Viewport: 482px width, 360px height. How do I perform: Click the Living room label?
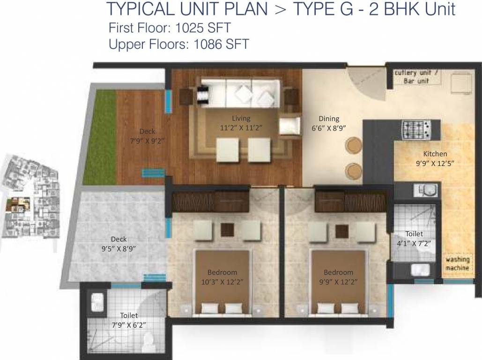pyautogui.click(x=241, y=118)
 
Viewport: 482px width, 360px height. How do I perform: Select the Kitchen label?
pyautogui.click(x=435, y=154)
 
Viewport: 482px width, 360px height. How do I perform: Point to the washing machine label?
pyautogui.click(x=457, y=264)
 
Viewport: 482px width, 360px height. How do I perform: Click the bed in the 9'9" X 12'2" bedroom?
pyautogui.click(x=339, y=281)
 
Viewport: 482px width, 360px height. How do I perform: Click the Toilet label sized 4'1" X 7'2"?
pyautogui.click(x=414, y=233)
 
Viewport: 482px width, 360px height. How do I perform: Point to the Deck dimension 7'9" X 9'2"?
pyautogui.click(x=147, y=140)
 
